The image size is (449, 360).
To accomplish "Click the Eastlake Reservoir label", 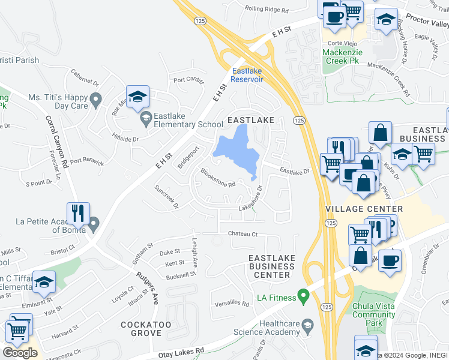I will click(x=247, y=75).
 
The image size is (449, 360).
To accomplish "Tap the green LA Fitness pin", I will click(x=303, y=296).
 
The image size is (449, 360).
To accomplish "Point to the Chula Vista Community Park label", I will click(x=376, y=314).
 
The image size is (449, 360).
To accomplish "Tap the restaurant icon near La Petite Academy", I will click(x=78, y=212).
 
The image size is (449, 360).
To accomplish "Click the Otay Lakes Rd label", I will click(x=181, y=353).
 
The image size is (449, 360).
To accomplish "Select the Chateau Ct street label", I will click(x=243, y=233).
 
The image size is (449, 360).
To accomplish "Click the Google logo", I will click(x=20, y=353).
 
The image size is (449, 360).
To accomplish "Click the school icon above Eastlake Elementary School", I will click(x=138, y=96).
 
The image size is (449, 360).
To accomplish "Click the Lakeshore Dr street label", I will click(x=252, y=202).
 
